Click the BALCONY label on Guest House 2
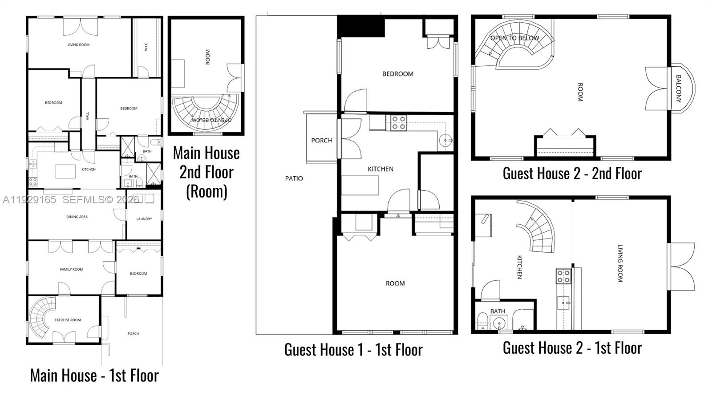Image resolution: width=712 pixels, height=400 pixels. coord(678,89)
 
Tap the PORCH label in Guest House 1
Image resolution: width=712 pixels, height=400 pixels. coord(321,140)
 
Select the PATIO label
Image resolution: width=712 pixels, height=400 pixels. coord(294,178)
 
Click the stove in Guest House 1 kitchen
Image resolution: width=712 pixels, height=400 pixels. coord(398,123)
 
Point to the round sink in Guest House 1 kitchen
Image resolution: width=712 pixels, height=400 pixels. coord(445,141)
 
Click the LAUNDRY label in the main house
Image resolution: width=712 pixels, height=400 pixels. coord(144,219)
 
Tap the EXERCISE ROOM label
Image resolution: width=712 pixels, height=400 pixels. coord(68,320)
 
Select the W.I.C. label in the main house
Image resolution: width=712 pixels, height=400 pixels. coord(146,47)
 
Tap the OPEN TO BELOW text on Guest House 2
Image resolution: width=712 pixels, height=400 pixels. coord(514,38)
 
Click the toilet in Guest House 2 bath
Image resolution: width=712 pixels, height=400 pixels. coord(482,321)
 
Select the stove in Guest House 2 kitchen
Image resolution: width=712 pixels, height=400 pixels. coord(563,276)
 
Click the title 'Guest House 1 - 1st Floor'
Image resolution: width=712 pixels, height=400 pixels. coord(353,350)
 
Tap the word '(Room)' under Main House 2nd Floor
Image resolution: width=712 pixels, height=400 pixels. coord(206,191)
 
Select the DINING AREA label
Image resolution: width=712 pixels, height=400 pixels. coord(77,217)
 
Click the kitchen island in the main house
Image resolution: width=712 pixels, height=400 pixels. coord(65,171)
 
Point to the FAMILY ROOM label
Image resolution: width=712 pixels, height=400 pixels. coord(71,269)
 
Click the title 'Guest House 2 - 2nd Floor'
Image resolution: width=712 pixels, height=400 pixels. coord(572,174)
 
